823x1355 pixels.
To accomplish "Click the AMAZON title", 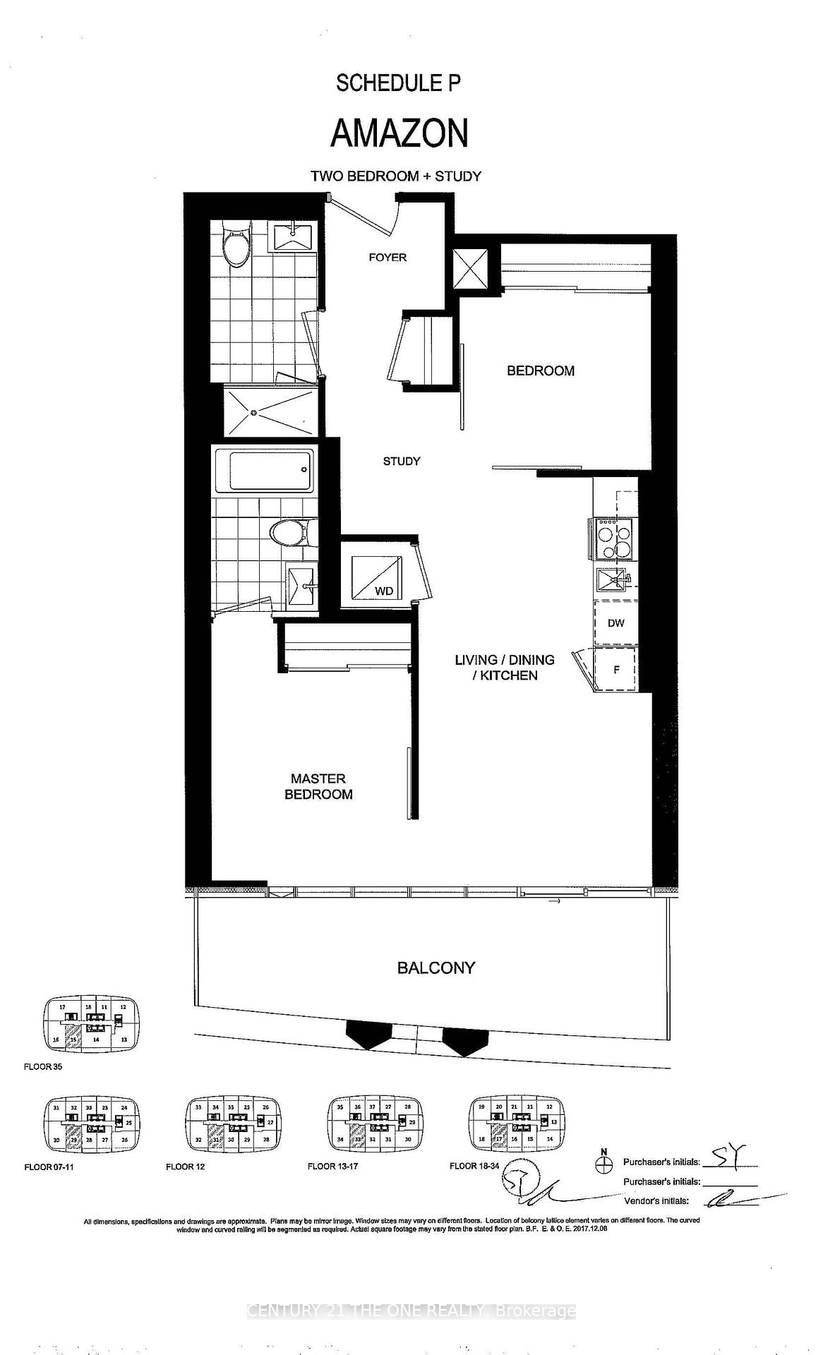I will tap(400, 133).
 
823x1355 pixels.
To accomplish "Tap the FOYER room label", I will tap(388, 258).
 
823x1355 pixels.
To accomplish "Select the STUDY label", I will tap(402, 461).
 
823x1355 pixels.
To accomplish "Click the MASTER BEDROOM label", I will tap(318, 786).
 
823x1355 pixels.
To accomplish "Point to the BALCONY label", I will tap(435, 968).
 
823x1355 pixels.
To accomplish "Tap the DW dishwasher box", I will tap(615, 623).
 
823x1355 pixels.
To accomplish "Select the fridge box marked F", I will tap(615, 670).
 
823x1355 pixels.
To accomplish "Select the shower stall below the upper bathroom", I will tap(270, 411).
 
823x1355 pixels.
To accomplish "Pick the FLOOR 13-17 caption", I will tap(332, 1166).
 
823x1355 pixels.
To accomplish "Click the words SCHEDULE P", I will tap(398, 83).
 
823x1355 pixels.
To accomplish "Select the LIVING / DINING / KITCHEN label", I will tap(504, 667).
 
